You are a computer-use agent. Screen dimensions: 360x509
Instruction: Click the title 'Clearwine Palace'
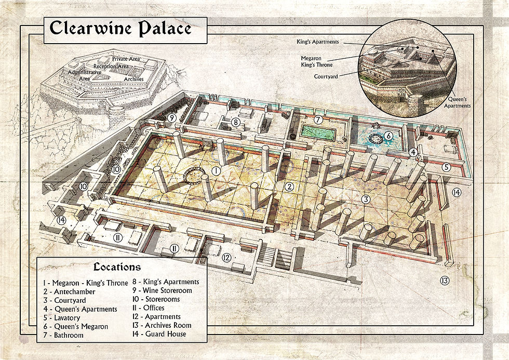(120, 29)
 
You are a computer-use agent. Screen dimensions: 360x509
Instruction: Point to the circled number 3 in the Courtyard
(366, 199)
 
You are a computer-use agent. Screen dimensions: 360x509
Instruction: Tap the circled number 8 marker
(235, 123)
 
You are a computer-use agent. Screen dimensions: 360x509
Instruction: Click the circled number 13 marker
(444, 281)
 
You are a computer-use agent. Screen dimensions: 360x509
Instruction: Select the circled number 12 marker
(226, 257)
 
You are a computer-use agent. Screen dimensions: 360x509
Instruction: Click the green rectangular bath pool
(317, 133)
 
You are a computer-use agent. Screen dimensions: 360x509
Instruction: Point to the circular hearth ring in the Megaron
(192, 177)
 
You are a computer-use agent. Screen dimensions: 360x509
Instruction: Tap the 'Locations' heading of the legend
(117, 267)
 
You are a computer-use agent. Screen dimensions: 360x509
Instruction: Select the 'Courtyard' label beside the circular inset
(328, 76)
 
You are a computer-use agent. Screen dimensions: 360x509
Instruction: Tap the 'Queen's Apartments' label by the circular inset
(457, 102)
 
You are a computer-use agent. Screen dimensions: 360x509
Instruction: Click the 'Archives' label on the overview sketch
(134, 79)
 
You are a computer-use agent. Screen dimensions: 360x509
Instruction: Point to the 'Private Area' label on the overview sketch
(126, 59)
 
